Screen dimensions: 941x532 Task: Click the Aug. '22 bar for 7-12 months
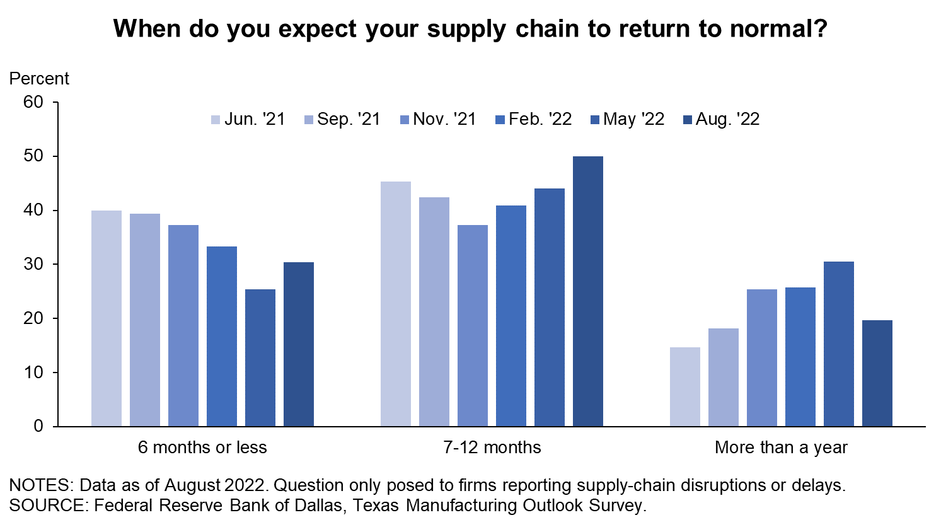pos(587,292)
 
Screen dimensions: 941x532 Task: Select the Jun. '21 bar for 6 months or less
pos(107,318)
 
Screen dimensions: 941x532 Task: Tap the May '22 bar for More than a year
pos(838,344)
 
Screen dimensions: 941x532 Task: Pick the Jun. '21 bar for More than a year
pos(684,387)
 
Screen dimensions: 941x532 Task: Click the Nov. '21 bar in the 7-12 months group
pos(473,326)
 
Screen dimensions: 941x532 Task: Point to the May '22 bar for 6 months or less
pos(260,358)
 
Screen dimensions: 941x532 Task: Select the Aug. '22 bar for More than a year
pos(877,374)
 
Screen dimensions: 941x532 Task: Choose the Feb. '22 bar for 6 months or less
pos(222,337)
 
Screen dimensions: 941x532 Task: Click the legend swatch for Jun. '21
pos(215,120)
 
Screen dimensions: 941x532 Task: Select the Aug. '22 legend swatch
pos(687,120)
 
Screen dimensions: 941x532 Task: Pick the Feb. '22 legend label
pos(540,119)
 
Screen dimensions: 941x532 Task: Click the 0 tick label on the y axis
pos(38,427)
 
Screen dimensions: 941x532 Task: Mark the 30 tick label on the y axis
pos(33,264)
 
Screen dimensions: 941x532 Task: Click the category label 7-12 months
pos(492,448)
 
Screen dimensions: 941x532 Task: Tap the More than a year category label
pos(781,448)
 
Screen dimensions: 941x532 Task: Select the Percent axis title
pos(39,79)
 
